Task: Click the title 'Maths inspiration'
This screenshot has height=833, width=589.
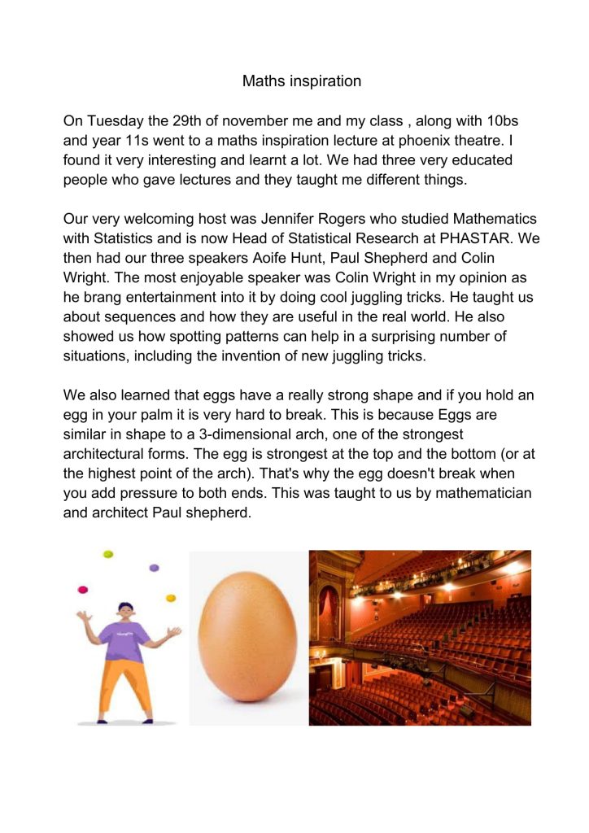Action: (301, 81)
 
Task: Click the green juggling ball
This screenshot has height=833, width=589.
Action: (107, 554)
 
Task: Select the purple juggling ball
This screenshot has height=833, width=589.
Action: (154, 567)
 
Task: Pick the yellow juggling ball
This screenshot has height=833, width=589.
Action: (171, 599)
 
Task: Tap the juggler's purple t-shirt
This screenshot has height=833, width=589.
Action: (125, 639)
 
